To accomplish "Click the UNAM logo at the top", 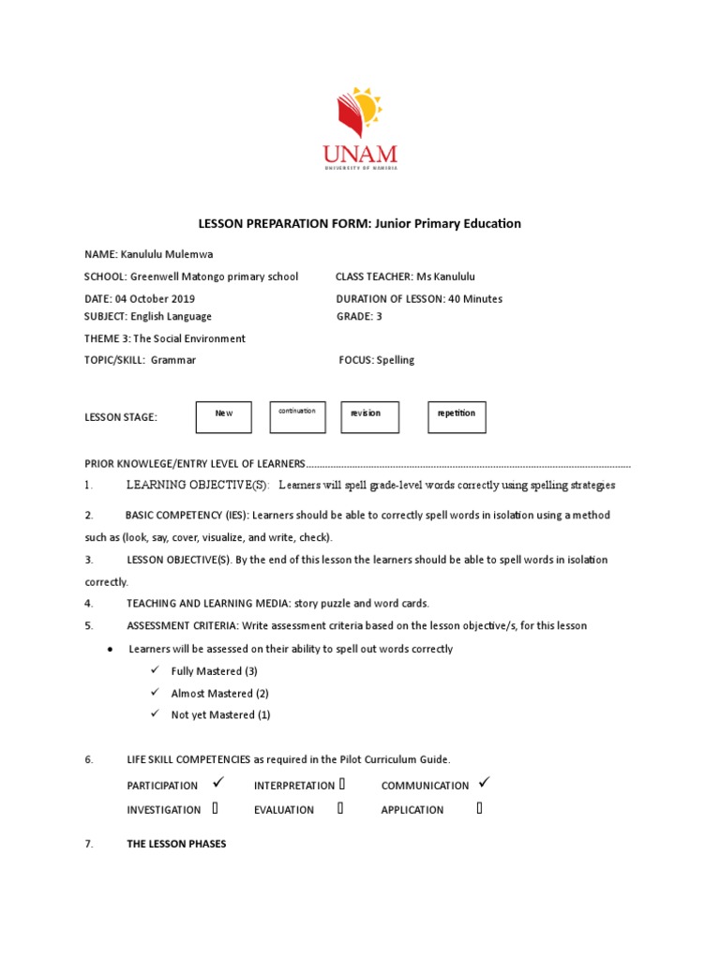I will click(360, 128).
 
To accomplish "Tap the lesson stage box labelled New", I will click(223, 417).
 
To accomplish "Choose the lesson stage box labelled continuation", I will click(297, 417).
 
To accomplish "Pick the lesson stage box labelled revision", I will click(370, 417).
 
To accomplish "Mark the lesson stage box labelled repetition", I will click(457, 417).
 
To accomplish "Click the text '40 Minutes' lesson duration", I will click(472, 299).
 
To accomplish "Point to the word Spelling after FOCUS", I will click(395, 360).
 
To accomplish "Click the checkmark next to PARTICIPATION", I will click(217, 783).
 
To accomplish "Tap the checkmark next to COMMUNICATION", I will click(484, 783).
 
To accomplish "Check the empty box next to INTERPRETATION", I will click(342, 784).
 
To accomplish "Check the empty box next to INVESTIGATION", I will click(216, 808).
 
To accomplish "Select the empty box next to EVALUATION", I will click(341, 808).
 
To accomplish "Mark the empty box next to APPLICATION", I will click(480, 808).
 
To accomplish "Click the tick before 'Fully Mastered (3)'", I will click(155, 671).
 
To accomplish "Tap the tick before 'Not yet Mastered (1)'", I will click(155, 714).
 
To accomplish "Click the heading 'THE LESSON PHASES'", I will click(176, 844).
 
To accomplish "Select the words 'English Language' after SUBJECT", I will click(171, 317).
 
